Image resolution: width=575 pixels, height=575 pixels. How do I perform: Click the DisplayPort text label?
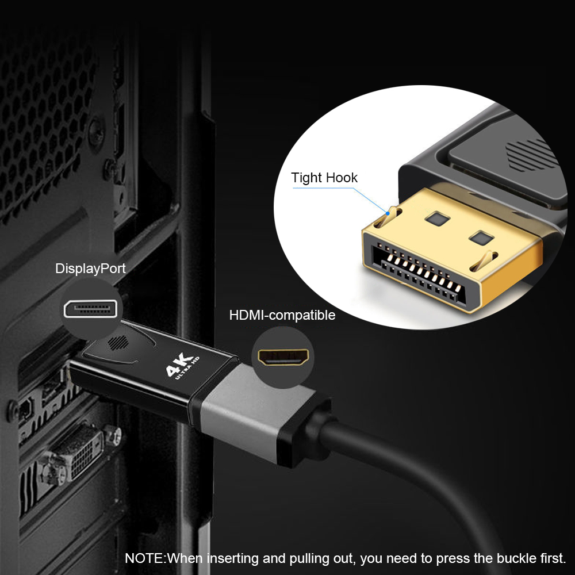[90, 269]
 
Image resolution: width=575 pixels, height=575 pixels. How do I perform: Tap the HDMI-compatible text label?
[282, 315]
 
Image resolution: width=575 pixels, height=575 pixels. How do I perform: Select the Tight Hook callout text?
[324, 178]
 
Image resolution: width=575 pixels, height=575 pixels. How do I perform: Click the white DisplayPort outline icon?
[91, 309]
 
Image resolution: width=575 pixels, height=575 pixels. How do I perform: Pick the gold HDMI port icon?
[283, 357]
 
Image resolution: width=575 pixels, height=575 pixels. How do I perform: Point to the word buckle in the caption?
[517, 558]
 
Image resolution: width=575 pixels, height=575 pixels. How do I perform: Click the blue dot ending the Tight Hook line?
[388, 213]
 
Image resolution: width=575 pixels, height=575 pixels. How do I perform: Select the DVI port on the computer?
[79, 453]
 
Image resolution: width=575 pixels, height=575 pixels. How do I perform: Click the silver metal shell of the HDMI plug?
[253, 411]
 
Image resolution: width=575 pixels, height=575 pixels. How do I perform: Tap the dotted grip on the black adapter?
[118, 343]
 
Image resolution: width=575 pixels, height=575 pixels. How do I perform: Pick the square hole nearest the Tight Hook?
[437, 219]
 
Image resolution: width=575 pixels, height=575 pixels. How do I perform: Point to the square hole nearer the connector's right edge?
[481, 238]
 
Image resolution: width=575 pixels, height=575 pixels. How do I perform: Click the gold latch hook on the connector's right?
[484, 260]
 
